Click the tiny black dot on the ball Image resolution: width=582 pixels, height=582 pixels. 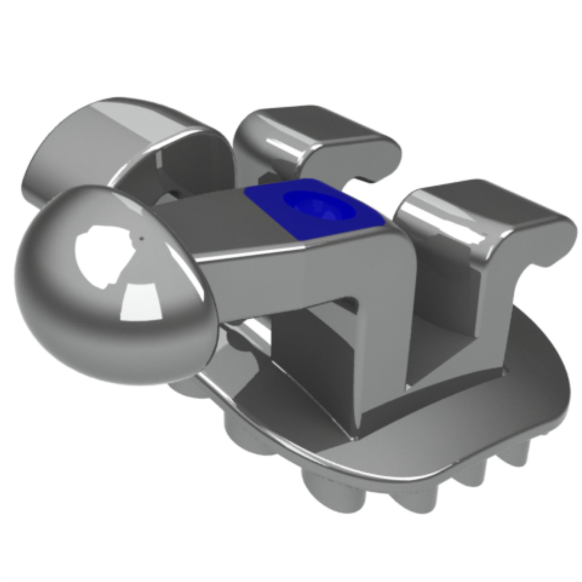coord(142,239)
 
